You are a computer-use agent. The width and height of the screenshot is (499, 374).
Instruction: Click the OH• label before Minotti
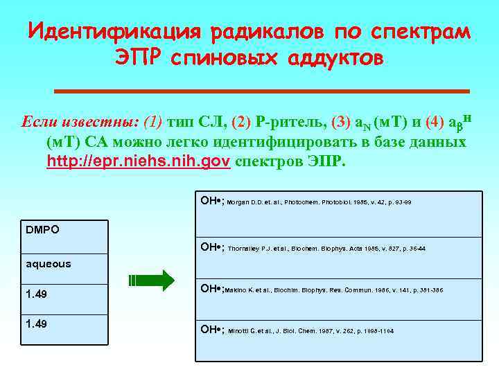pos(211,330)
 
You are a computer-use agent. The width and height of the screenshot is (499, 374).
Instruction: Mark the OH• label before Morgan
pos(211,200)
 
